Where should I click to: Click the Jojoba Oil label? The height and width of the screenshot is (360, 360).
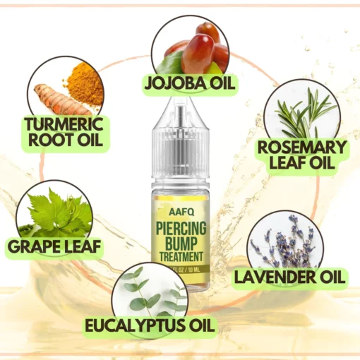(190, 83)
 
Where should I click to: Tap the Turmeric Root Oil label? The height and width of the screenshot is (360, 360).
(66, 133)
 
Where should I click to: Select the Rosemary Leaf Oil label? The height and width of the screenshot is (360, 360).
(302, 155)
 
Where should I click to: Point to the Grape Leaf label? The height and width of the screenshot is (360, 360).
(54, 246)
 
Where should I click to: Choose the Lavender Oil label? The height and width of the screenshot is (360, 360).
(289, 277)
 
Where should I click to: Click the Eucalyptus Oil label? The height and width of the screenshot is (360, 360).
(150, 325)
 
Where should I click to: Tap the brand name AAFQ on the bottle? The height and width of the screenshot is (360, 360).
(181, 212)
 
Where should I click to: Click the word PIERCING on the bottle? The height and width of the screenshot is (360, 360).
(181, 228)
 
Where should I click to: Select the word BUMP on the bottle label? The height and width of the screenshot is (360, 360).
(181, 244)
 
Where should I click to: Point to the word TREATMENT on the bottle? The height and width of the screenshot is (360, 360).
(181, 256)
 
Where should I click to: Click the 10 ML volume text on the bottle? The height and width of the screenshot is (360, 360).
(193, 270)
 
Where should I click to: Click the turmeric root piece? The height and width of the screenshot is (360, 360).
(61, 101)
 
